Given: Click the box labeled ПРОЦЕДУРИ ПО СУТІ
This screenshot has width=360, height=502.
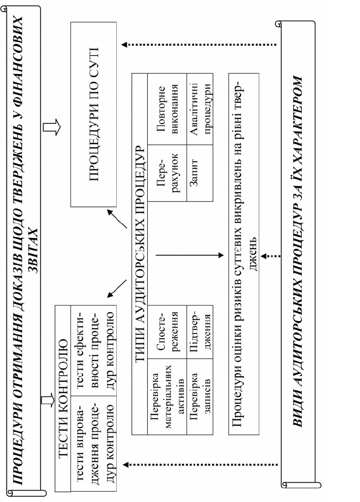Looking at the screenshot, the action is (x=93, y=114).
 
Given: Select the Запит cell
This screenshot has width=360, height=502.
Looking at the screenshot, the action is (x=199, y=173).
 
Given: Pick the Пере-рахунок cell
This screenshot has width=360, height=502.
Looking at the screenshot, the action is (x=167, y=173).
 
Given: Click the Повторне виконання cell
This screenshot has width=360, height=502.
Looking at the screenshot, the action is (x=167, y=109).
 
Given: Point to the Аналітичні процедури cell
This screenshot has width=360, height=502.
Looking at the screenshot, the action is (x=199, y=109).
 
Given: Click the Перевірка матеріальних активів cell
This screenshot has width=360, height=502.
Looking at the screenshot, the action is (x=167, y=396).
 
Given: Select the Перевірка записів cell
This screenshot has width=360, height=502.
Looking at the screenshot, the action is (x=199, y=396).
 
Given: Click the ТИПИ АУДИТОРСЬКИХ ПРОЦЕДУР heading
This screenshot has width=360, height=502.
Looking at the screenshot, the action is (x=140, y=254).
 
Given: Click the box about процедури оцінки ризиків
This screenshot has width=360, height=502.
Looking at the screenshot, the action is (x=244, y=254).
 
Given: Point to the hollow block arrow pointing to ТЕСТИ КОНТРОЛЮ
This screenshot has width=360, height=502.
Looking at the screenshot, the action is (x=48, y=401).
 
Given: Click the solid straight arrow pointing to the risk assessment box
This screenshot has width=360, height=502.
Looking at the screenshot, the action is (x=189, y=255).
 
